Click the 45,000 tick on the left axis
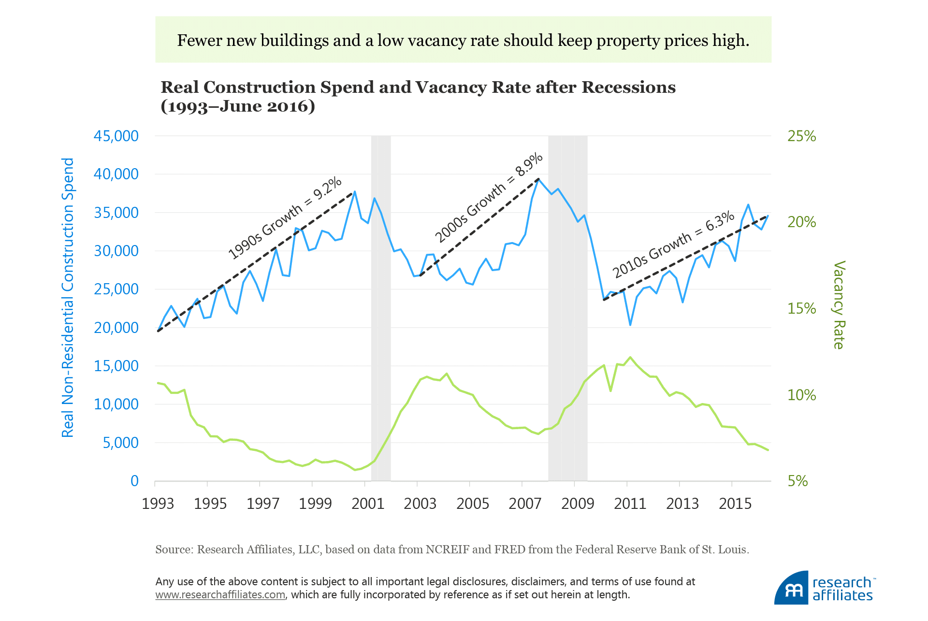point(116,136)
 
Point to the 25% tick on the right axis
point(801,136)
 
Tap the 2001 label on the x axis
point(368,504)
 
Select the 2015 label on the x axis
point(735,504)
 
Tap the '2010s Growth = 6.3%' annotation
point(673,245)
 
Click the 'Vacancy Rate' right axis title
point(839,305)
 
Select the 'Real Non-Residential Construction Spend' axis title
point(68,298)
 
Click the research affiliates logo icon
point(791,588)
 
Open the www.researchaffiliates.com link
point(220,595)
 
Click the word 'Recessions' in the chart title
point(628,87)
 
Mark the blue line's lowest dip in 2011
point(630,325)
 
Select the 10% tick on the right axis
point(801,395)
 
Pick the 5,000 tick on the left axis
point(120,443)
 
